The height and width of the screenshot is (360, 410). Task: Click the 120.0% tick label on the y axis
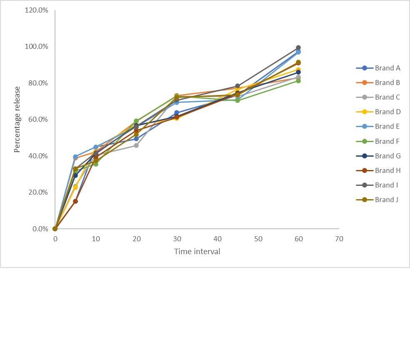37,10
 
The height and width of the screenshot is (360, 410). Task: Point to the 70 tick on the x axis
339,239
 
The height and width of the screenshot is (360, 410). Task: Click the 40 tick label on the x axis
217,239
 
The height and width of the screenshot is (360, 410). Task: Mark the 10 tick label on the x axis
96,239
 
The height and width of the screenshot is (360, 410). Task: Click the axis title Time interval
197,252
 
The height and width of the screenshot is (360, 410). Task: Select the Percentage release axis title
17,119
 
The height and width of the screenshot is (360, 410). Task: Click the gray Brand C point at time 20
136,145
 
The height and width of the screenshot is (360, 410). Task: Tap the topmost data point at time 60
298,47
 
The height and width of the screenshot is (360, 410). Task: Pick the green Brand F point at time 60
298,80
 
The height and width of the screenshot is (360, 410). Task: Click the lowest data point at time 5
75,201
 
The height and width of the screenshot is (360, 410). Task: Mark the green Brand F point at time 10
96,164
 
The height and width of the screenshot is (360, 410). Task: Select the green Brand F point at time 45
237,100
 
